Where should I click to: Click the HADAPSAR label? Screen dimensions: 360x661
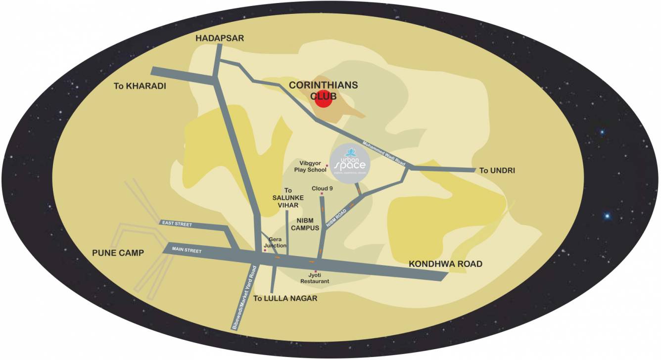point(220,38)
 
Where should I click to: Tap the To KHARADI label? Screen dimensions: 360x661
point(139,86)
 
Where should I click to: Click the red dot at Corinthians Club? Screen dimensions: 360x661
point(323,99)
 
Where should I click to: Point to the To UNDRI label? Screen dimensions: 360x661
point(497,171)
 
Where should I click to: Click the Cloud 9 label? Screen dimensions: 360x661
point(322,188)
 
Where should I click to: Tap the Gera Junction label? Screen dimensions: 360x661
point(275,242)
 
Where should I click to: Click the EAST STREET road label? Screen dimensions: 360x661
point(177,224)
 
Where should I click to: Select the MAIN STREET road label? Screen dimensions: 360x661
point(187,251)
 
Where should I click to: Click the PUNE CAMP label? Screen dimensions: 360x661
point(118,253)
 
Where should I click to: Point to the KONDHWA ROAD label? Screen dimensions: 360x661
point(445,264)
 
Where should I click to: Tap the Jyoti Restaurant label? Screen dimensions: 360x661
point(315,278)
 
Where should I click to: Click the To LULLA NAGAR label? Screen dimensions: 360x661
point(285,299)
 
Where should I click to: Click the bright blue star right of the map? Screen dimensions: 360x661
point(607,216)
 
